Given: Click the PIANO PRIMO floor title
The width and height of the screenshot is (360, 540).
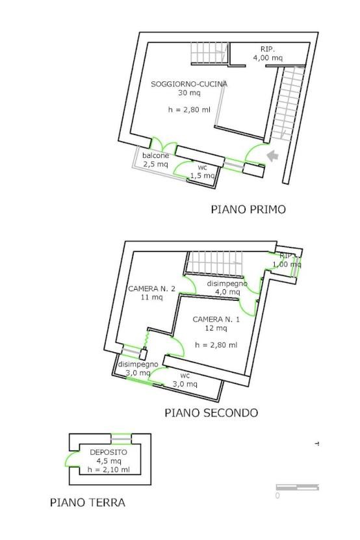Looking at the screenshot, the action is coord(248,209).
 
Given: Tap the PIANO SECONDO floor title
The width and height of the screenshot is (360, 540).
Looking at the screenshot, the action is coord(211,413).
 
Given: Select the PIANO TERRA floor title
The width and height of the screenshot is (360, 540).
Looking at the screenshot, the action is coord(88,502).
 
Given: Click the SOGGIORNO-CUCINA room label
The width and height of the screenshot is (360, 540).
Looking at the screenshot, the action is coord(189,84).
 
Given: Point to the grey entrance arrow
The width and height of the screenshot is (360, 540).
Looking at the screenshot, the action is coord(272,156).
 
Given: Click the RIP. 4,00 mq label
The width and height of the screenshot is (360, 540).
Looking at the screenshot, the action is coord(268,53).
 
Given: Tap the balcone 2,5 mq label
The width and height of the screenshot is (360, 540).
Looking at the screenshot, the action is coord(155,160).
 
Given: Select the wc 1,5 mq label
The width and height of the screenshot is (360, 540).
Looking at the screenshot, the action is coord(202,172).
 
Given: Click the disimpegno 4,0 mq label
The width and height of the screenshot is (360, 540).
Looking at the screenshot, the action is coord(227,288).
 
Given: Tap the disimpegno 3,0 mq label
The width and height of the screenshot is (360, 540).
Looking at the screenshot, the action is coord(138,368).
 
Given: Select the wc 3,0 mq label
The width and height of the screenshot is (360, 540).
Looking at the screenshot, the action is coord(185,380).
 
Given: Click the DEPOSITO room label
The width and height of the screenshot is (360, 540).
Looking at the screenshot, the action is coord(108,452).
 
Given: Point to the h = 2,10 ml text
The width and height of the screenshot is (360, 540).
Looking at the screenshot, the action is coord(109,469).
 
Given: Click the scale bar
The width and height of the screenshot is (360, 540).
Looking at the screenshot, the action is coord(298,487).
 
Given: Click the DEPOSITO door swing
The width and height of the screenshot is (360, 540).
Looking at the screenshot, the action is coord(71,459).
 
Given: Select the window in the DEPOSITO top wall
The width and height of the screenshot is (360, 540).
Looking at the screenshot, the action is coord(121,439).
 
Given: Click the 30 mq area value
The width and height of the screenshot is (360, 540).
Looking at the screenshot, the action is coord(189,92).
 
